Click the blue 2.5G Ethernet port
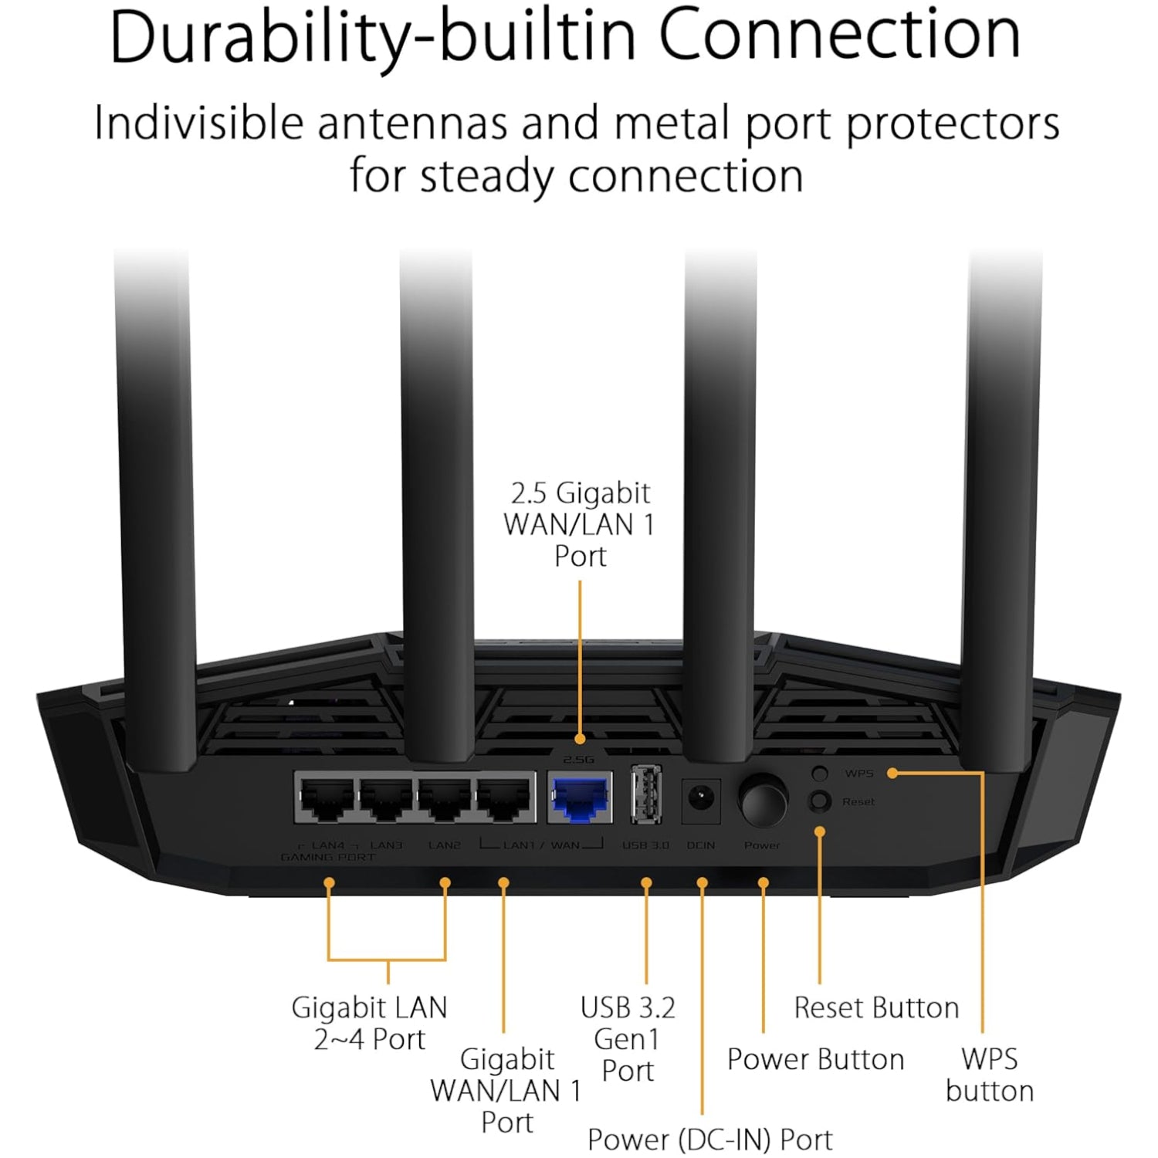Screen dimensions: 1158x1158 (581, 798)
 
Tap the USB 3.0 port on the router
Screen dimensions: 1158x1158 (645, 794)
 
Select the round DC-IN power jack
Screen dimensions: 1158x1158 (701, 797)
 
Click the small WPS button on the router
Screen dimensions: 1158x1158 (820, 773)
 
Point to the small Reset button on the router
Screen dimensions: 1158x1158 (819, 801)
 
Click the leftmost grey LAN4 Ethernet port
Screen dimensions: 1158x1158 (327, 798)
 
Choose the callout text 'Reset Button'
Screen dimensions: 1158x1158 (876, 1007)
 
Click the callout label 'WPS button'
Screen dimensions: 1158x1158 (989, 1075)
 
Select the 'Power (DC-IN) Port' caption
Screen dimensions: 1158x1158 (709, 1139)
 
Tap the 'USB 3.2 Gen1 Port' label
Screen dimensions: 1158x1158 (628, 1039)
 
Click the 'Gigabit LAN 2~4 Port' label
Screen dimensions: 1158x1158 (369, 1023)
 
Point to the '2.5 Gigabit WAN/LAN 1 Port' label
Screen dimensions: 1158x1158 (580, 524)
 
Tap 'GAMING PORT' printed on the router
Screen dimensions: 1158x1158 (328, 858)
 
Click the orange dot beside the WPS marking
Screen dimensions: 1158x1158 (892, 773)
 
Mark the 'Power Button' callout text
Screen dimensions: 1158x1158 (815, 1059)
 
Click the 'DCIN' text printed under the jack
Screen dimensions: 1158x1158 (701, 845)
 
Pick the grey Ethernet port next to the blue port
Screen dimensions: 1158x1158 (505, 798)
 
